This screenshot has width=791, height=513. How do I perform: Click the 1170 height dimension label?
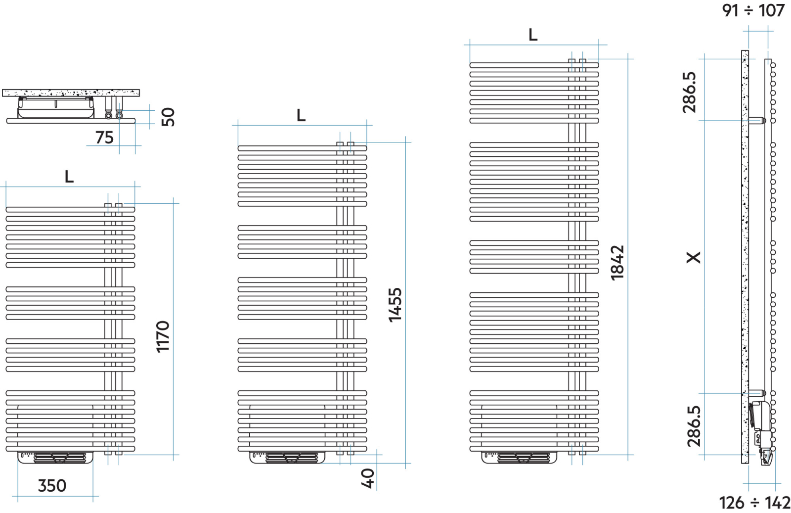[x=163, y=337]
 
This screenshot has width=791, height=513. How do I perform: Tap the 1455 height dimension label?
[x=395, y=305]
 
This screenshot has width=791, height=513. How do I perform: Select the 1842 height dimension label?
[x=617, y=263]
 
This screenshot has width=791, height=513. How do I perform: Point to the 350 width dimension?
[x=52, y=486]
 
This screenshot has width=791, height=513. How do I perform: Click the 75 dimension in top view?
[x=104, y=138]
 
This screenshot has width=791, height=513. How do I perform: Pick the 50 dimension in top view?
[x=168, y=117]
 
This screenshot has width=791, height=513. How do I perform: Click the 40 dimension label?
[x=368, y=478]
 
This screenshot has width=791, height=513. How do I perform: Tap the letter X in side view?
[x=694, y=258]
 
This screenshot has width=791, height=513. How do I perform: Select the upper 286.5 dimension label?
[x=689, y=93]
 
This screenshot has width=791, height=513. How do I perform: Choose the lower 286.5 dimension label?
[x=694, y=426]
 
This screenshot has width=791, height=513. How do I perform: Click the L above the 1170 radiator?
[x=69, y=176]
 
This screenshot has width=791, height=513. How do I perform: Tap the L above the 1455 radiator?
[x=301, y=115]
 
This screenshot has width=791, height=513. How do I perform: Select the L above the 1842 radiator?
[x=533, y=35]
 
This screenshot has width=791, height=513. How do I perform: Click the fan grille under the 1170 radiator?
[x=60, y=458]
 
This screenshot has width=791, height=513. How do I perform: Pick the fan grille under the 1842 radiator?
[x=524, y=458]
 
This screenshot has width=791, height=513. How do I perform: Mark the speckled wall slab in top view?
[x=71, y=93]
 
